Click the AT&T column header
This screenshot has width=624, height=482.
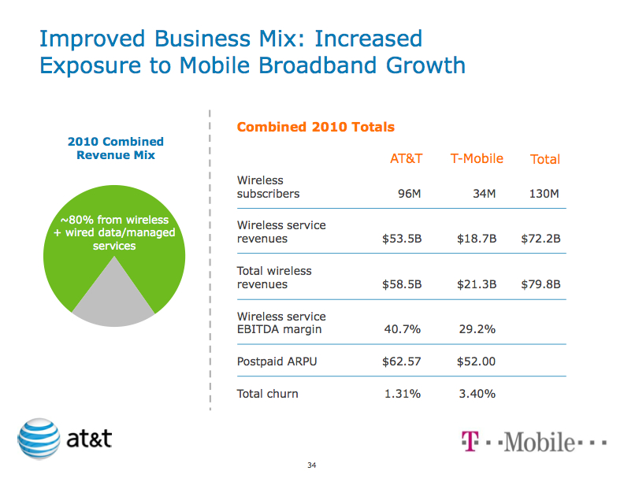coord(407,158)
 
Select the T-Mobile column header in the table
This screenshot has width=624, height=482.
coord(477,158)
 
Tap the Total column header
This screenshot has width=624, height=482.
coord(545,159)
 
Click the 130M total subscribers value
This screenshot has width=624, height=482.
coord(544,194)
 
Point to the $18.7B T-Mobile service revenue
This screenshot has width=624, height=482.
coord(477,239)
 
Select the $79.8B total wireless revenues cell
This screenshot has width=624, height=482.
coord(540,284)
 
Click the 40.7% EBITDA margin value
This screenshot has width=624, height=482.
coord(404,329)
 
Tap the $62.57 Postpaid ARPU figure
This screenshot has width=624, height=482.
coord(402,362)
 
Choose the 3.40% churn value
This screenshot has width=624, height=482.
coord(477,394)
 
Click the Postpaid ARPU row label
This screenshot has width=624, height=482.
coord(272,362)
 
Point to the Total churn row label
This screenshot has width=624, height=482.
coord(268,394)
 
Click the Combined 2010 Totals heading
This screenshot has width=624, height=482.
coord(316,127)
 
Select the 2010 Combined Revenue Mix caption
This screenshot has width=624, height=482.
coord(116,148)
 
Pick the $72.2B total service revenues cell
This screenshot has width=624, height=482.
coord(540,239)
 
